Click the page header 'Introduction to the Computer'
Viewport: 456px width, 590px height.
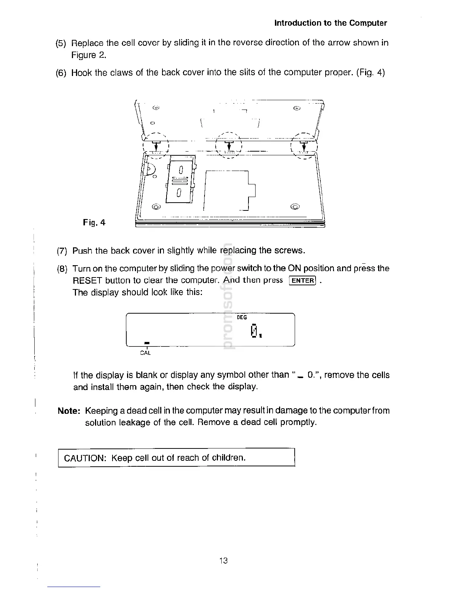330,23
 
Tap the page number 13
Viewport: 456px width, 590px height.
224,561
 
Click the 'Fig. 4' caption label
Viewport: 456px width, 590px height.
94,223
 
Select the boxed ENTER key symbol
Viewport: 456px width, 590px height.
303,280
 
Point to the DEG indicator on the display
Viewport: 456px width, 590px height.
242,317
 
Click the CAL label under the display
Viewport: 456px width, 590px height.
145,353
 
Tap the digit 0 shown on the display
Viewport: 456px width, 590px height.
254,331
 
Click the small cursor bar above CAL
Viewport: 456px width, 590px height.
147,342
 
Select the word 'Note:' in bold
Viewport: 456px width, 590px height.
69,411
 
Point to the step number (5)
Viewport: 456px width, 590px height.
61,43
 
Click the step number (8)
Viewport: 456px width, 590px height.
62,269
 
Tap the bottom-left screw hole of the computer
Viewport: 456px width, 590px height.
156,206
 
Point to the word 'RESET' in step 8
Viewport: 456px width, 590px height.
88,280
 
